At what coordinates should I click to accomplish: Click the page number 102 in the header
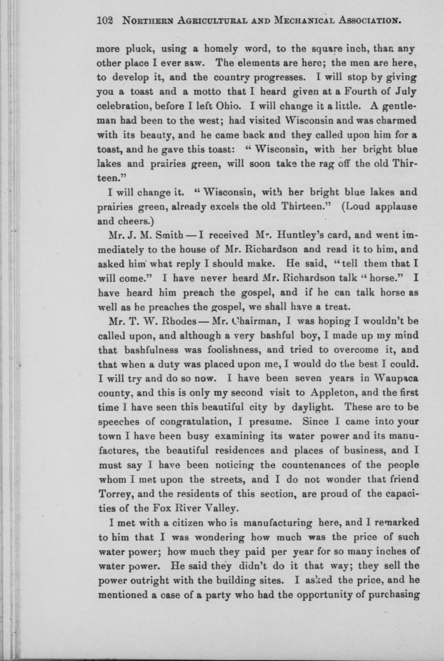tap(104, 21)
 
